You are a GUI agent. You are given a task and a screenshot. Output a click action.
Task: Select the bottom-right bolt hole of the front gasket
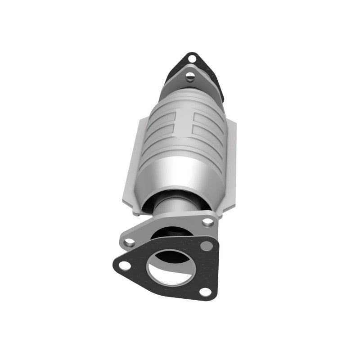(x=205, y=291)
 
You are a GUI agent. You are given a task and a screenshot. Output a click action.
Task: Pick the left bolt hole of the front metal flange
(x=130, y=242)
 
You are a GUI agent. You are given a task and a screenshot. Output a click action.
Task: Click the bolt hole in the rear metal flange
(x=190, y=76)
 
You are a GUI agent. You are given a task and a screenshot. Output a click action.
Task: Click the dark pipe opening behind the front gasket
(x=169, y=234)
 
